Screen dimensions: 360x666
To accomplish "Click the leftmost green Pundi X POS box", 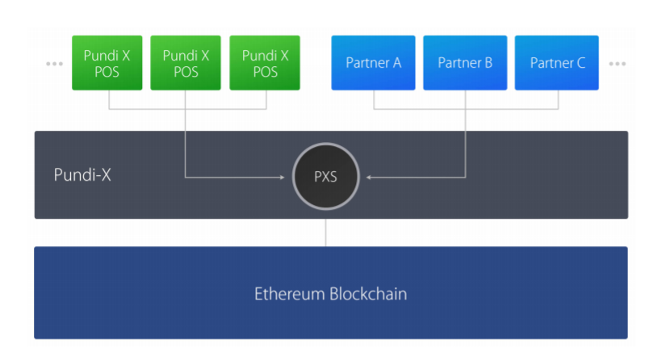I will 107,63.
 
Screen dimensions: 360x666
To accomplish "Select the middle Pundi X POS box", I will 186,63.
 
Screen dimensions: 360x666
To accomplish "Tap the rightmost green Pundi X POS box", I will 265,63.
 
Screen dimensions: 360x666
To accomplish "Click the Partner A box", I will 373,63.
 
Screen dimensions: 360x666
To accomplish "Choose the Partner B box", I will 465,63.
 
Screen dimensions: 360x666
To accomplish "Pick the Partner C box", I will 557,63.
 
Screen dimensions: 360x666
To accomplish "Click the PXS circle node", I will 325,176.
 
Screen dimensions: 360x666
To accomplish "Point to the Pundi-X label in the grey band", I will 82,174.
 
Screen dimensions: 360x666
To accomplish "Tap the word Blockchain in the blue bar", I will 368,294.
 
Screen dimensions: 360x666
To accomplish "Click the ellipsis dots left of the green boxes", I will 54,63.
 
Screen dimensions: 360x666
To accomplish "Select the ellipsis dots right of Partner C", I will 618,63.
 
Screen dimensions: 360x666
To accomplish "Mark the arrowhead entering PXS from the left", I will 288,176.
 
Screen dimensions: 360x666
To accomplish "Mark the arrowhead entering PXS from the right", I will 364,176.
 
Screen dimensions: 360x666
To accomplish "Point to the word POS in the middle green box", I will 186,71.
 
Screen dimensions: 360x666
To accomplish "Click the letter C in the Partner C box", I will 580,63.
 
